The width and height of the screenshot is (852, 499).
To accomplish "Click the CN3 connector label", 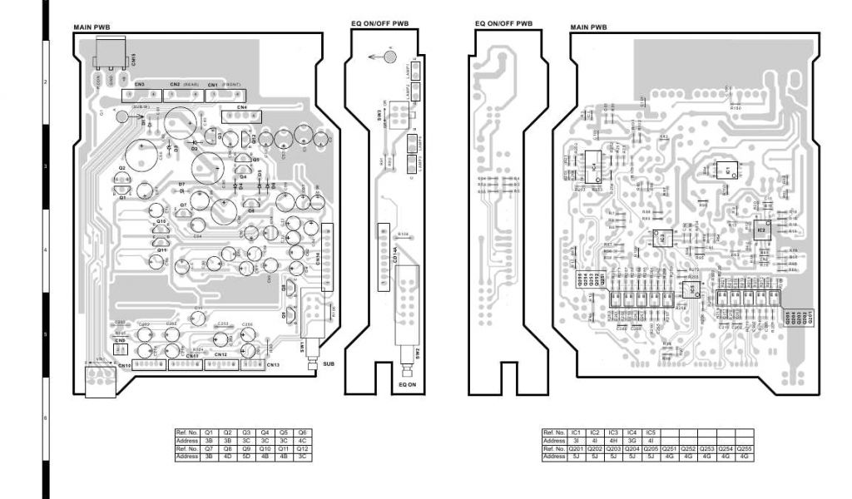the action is (138, 85).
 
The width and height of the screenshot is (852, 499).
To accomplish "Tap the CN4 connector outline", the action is (244, 116).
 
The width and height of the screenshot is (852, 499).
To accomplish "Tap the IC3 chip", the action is (662, 238).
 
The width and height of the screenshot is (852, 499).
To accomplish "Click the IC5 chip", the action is (691, 289).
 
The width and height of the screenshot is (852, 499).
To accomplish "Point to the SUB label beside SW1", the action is (327, 363).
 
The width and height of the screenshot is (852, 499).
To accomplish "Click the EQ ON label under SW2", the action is (407, 384).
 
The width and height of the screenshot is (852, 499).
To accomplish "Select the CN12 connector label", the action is (220, 355).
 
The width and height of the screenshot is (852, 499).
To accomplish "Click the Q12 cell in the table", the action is (303, 448).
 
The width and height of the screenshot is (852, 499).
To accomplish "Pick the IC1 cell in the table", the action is (575, 432).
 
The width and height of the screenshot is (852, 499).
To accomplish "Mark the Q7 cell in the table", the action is (209, 448).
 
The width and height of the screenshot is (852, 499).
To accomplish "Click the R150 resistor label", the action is (736, 107).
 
